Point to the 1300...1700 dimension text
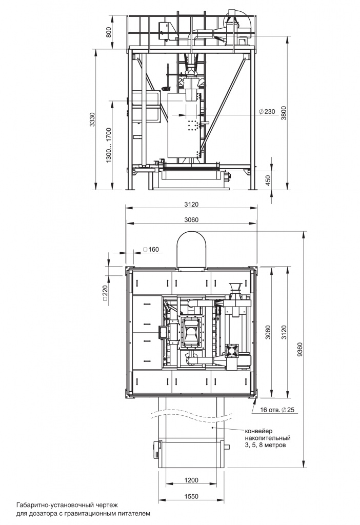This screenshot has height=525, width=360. pyautogui.click(x=109, y=145)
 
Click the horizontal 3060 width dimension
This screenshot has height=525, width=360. pyautogui.click(x=191, y=219)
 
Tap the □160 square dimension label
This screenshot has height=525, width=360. pyautogui.click(x=151, y=249)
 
